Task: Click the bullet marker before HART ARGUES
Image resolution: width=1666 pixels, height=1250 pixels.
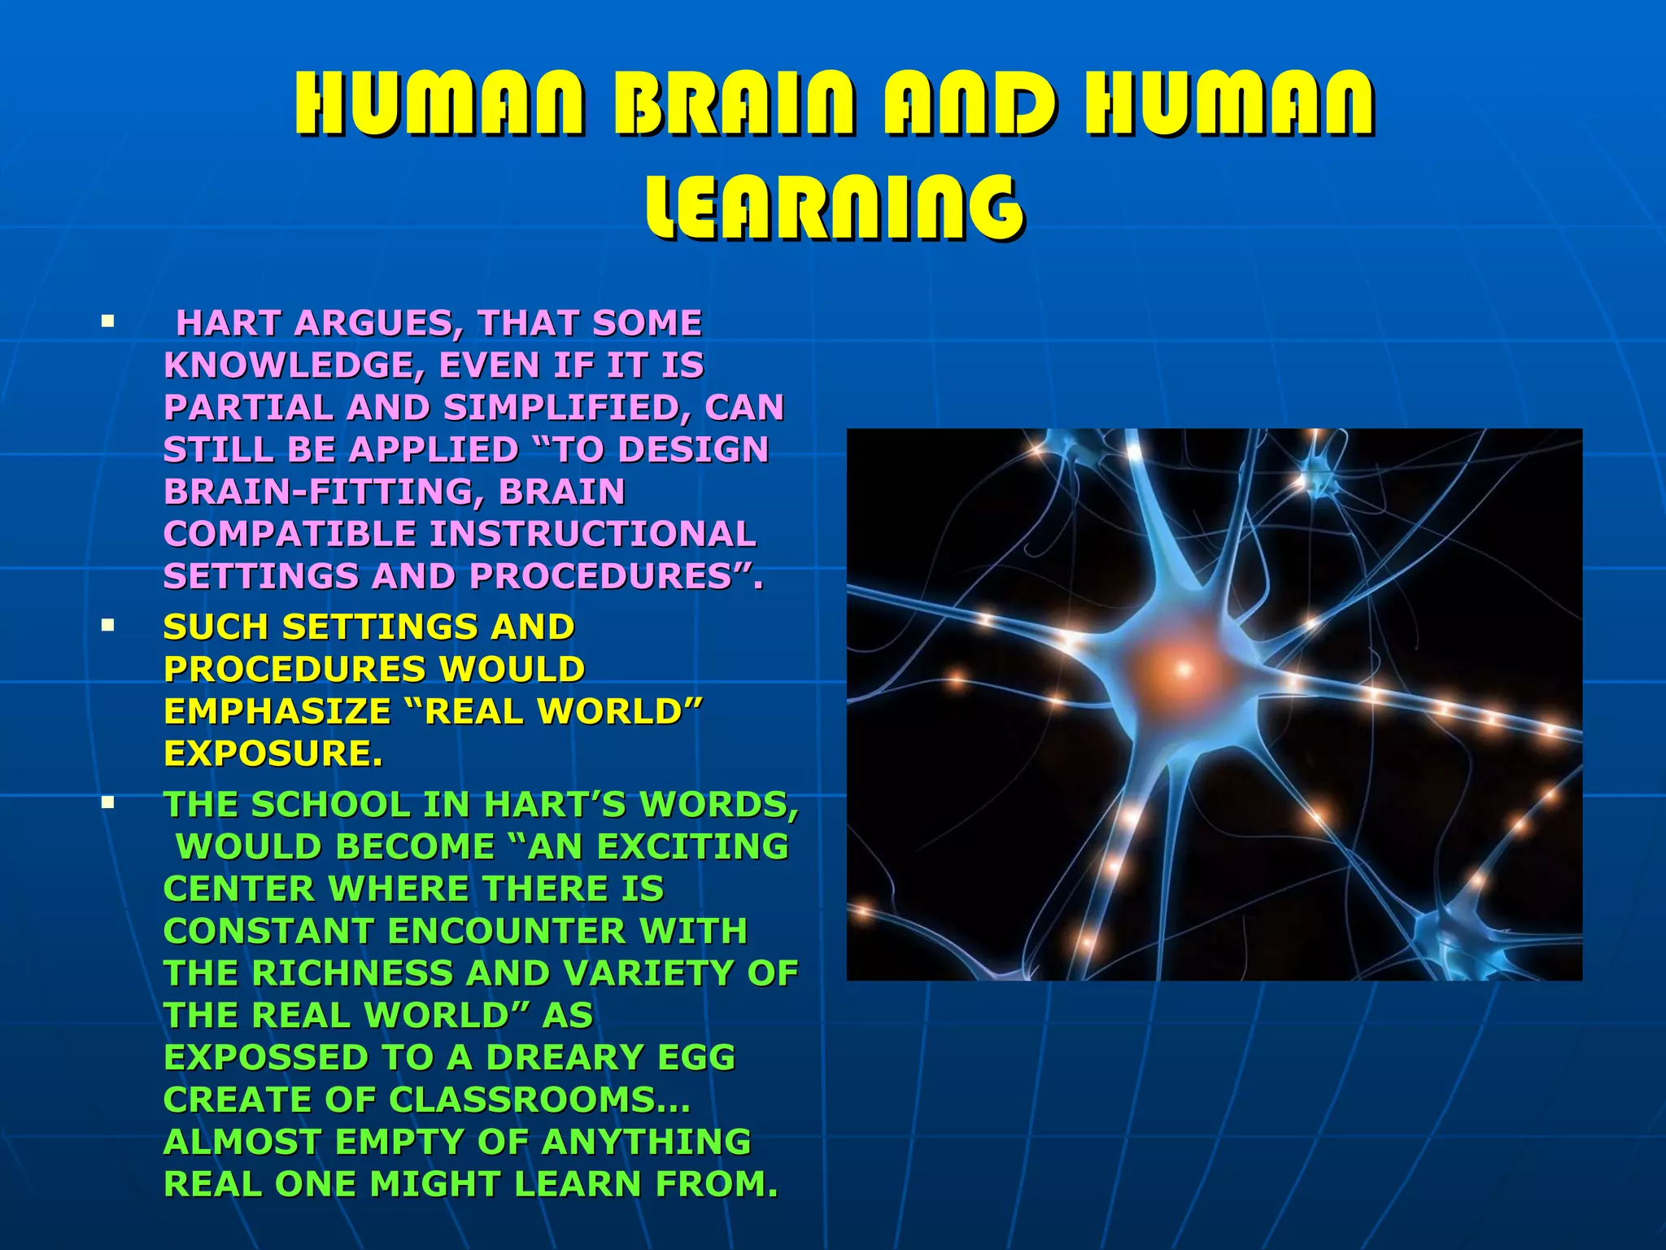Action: click(x=107, y=321)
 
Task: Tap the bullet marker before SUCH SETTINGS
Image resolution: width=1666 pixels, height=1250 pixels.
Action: click(x=107, y=626)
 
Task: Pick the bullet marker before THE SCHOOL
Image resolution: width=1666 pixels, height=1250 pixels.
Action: click(x=107, y=803)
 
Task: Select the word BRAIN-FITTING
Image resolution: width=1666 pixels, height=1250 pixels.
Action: click(x=321, y=492)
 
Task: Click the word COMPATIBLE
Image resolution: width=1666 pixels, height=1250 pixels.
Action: click(x=290, y=534)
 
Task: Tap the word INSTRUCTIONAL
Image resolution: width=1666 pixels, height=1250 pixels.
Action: click(x=592, y=534)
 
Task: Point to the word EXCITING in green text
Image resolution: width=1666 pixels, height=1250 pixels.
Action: click(x=692, y=846)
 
